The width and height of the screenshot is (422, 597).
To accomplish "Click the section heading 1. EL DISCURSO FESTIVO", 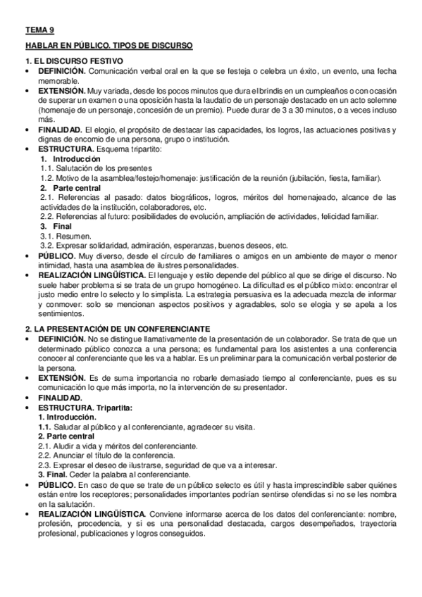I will click(x=74, y=61).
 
